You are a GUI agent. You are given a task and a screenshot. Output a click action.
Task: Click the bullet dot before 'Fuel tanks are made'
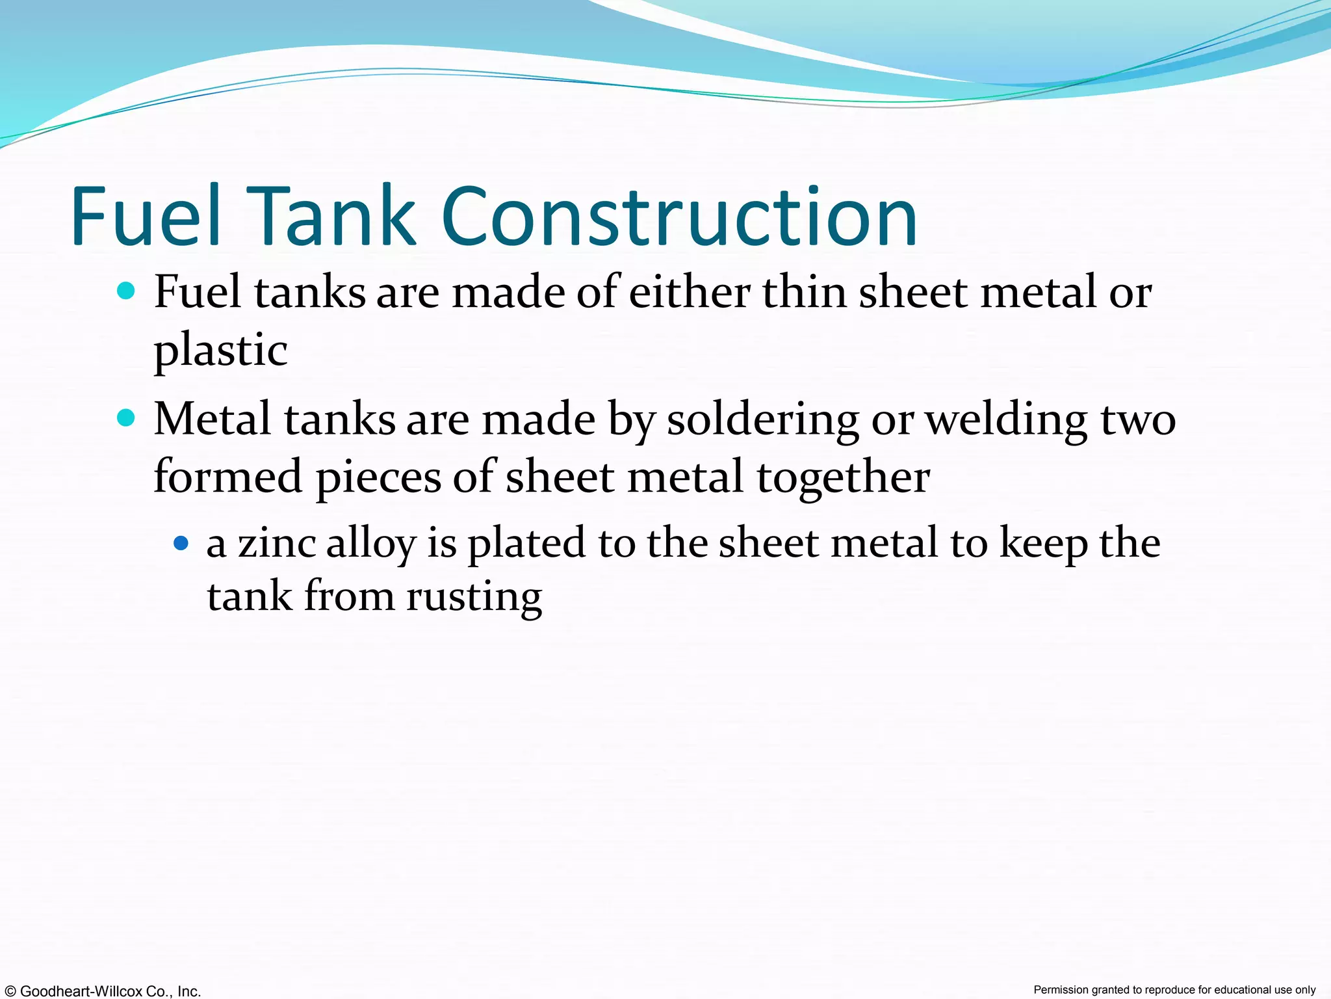pos(126,290)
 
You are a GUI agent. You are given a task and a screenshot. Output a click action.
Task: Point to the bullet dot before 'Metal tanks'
pos(126,417)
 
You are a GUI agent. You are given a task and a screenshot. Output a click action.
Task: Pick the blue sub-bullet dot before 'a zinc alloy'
pos(181,542)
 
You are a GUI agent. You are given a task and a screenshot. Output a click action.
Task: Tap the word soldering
pos(763,420)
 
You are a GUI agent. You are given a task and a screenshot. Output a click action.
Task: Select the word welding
pos(1006,420)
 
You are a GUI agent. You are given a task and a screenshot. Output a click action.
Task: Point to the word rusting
pos(474,597)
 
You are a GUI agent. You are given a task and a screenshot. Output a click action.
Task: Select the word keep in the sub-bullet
pos(1042,544)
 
